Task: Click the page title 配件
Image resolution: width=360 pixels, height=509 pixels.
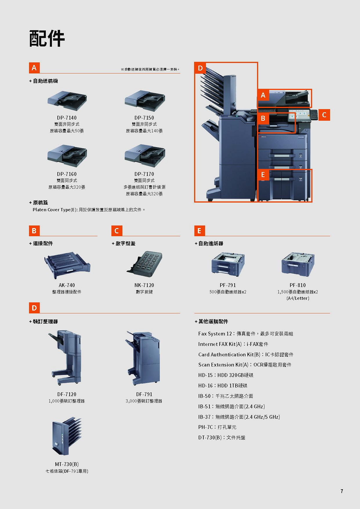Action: [x=47, y=38]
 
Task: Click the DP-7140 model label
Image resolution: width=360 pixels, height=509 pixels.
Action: [x=67, y=118]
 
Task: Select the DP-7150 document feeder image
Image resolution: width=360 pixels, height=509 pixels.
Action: [x=145, y=101]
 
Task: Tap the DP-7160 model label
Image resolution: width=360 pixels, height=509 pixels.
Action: [x=67, y=174]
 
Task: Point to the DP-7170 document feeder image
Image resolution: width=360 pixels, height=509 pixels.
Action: [x=145, y=156]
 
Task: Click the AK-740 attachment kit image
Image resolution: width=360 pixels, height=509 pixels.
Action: [x=67, y=265]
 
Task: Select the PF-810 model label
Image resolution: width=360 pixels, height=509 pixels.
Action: [x=298, y=285]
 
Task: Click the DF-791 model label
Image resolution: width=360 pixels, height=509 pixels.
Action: [x=144, y=394]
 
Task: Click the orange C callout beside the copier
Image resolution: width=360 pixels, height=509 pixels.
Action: [x=324, y=115]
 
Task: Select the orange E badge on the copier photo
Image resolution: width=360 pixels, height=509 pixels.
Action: [x=263, y=174]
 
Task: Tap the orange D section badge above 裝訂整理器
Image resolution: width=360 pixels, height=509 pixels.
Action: [x=34, y=308]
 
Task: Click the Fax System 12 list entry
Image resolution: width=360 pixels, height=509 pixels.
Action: [x=246, y=334]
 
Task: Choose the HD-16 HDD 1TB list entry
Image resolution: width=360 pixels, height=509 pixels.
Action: [x=223, y=385]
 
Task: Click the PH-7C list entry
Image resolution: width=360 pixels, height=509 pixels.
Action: [x=217, y=427]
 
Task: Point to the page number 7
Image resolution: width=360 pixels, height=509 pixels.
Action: [x=342, y=491]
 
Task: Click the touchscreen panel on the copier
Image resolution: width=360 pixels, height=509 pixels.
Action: [x=299, y=115]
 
